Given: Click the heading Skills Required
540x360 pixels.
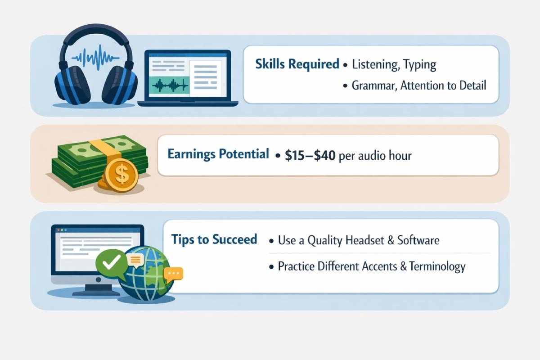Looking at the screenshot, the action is [x=297, y=64].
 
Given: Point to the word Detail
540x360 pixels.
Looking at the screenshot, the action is [x=472, y=85].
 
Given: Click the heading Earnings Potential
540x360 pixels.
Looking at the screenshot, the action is [x=218, y=154].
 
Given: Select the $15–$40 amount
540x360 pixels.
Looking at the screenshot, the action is [x=310, y=155].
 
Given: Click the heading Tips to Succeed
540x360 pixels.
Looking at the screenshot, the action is [x=214, y=239].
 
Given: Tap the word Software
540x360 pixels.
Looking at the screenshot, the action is [x=418, y=240].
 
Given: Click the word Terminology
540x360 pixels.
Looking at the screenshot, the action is [x=437, y=267].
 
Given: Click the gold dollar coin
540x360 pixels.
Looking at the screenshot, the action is [x=121, y=175].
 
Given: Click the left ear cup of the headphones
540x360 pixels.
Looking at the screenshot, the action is [x=72, y=85].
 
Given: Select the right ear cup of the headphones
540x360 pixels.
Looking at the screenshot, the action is [x=120, y=85].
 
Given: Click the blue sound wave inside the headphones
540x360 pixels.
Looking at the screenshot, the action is [x=96, y=58].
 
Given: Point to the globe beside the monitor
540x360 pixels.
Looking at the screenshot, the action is [x=147, y=274].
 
